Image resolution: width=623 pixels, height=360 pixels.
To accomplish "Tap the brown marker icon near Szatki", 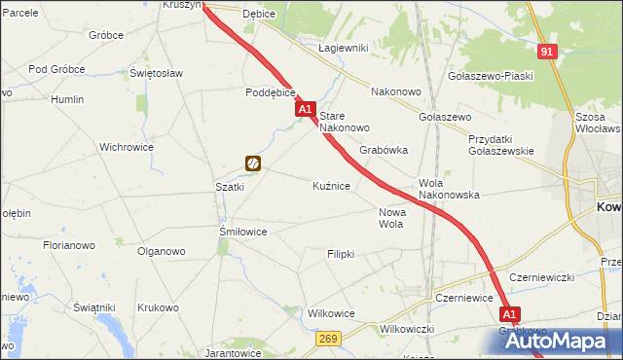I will [x=253, y=164].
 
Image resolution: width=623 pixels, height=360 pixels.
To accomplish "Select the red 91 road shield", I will [x=548, y=52].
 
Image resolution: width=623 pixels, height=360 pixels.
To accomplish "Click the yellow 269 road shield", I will [x=328, y=337].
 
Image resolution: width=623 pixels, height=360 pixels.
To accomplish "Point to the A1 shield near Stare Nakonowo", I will [x=306, y=110].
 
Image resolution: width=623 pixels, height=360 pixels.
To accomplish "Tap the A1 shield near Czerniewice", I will [x=510, y=314].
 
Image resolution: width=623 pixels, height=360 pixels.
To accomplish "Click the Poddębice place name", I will [x=270, y=94].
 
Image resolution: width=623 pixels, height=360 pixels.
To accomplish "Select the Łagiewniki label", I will [x=342, y=48].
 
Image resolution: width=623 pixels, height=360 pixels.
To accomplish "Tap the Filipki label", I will [x=340, y=254].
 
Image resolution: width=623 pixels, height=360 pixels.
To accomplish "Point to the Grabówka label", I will [x=384, y=151].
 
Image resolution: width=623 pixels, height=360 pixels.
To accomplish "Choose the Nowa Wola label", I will [x=390, y=218].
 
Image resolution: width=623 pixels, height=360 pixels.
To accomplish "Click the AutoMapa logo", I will [x=565, y=341].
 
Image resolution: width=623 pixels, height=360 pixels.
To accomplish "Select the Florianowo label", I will [x=68, y=246].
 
